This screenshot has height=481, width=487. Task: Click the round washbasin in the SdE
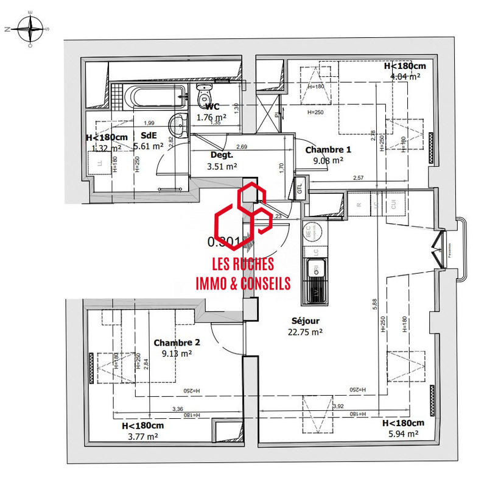(x=179, y=125)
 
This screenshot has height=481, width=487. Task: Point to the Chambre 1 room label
(x=328, y=149)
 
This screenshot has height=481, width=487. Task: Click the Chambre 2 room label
(x=177, y=343)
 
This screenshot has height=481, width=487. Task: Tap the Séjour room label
(x=305, y=321)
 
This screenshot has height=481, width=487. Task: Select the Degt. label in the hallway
(x=222, y=155)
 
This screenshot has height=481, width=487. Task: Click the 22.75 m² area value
(x=305, y=332)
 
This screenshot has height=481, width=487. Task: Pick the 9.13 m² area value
(x=177, y=353)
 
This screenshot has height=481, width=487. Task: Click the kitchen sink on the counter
(x=316, y=268)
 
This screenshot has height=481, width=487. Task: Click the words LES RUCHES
(x=242, y=265)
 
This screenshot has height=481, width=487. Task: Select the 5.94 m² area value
(x=403, y=433)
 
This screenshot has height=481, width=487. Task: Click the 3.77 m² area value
(x=142, y=436)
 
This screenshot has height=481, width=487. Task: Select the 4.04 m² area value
(x=405, y=77)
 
